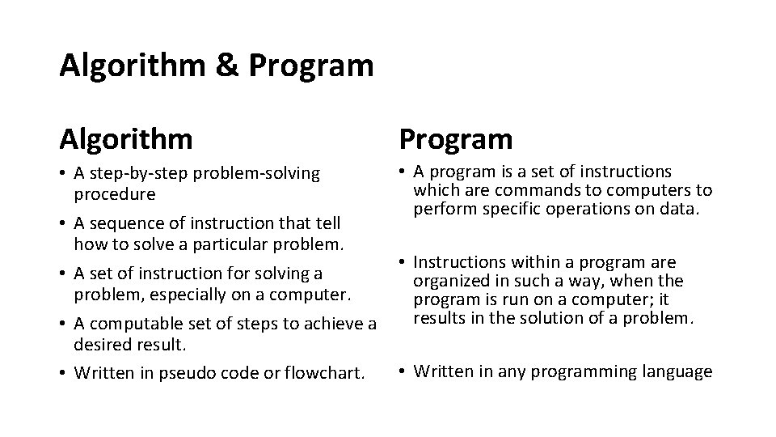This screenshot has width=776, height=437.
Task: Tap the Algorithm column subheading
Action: pos(126,139)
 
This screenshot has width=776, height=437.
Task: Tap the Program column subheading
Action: pos(455,139)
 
